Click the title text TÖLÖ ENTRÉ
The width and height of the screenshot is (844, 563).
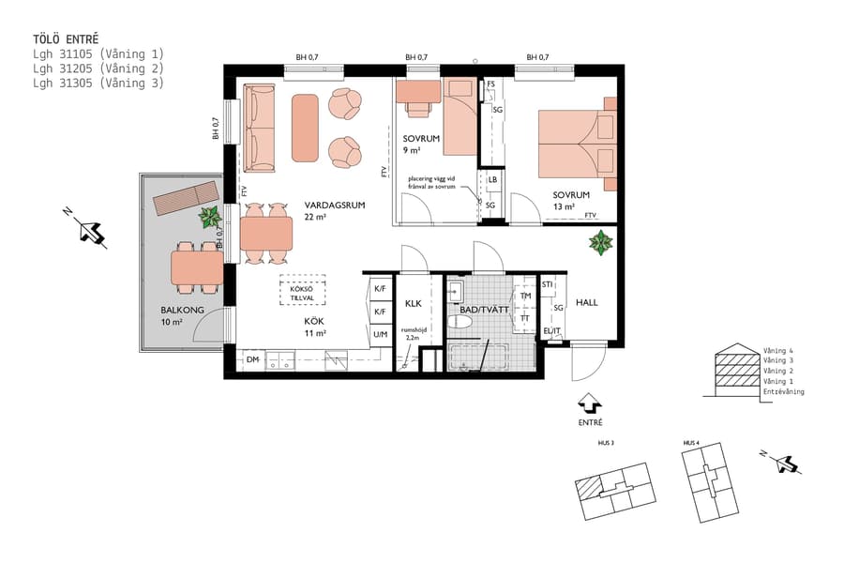(66, 39)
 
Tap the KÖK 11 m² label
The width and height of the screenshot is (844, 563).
(314, 327)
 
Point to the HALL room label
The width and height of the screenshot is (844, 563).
(586, 302)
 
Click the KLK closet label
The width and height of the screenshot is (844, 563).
(414, 304)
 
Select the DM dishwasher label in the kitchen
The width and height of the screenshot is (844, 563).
(252, 359)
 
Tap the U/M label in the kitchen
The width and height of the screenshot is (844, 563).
(380, 334)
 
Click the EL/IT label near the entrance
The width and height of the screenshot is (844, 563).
(553, 331)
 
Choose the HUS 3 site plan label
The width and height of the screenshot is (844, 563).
(606, 443)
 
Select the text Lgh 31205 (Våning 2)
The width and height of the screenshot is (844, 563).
(98, 68)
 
